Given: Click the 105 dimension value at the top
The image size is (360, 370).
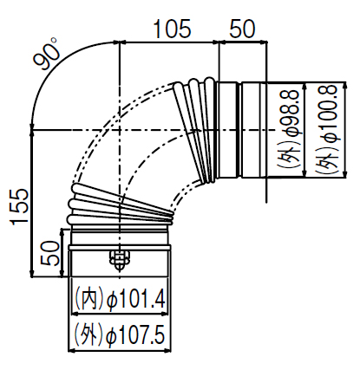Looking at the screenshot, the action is coord(172,29).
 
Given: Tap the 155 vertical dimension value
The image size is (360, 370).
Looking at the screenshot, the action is coord(20,206).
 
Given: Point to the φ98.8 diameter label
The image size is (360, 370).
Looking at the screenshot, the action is coord(290,113).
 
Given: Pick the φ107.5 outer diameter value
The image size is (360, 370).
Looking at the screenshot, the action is coord(136,335).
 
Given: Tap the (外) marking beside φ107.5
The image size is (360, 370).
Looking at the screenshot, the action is coord(89,335).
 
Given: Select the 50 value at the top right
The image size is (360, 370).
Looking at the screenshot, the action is coord(242,29).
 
